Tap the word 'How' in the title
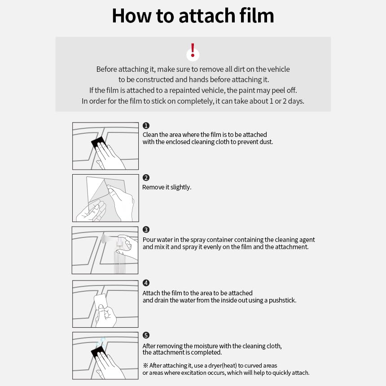[x=132, y=16]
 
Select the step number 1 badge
[x=146, y=126]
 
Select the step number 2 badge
[x=146, y=177]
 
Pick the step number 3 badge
[x=146, y=229]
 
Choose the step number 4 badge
[x=146, y=283]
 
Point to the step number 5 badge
[x=146, y=335]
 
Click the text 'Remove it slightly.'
[x=167, y=187]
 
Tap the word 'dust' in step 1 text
[x=265, y=142]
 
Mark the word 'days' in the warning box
[x=295, y=101]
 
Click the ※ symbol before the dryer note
[x=145, y=365]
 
